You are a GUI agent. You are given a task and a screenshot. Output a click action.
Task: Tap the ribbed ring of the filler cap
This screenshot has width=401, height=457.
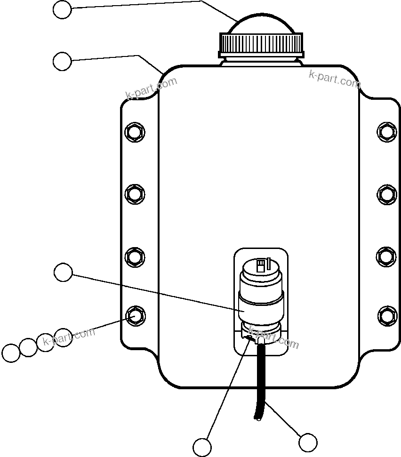[261, 44]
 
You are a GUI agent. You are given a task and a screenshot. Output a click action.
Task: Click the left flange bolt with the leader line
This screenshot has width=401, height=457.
[135, 314]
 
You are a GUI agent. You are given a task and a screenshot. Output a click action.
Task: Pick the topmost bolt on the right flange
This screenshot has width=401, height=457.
[386, 131]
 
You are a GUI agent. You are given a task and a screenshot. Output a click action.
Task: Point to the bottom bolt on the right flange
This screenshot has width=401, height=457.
[386, 314]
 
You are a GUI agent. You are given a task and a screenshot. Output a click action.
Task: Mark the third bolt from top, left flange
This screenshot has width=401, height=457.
[135, 257]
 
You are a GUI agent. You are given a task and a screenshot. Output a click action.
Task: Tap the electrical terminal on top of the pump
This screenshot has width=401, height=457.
[260, 266]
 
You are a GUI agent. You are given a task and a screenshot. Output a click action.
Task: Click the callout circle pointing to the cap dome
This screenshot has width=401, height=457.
[62, 9]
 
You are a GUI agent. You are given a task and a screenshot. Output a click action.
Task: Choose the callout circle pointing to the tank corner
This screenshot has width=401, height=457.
[62, 62]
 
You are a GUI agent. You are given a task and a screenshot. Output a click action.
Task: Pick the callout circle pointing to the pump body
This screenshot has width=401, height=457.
[63, 273]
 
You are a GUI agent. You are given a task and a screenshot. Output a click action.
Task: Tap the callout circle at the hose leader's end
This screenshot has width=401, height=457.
[308, 442]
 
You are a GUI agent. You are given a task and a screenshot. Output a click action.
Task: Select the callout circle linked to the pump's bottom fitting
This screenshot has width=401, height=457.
[202, 447]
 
